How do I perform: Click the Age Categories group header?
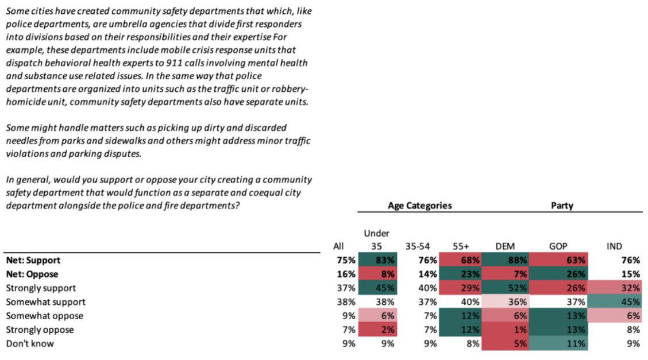tap(419, 205)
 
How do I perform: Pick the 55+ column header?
tap(461, 246)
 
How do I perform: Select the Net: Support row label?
tap(32, 260)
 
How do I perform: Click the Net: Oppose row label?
tap(32, 274)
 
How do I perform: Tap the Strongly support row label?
tap(40, 288)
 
